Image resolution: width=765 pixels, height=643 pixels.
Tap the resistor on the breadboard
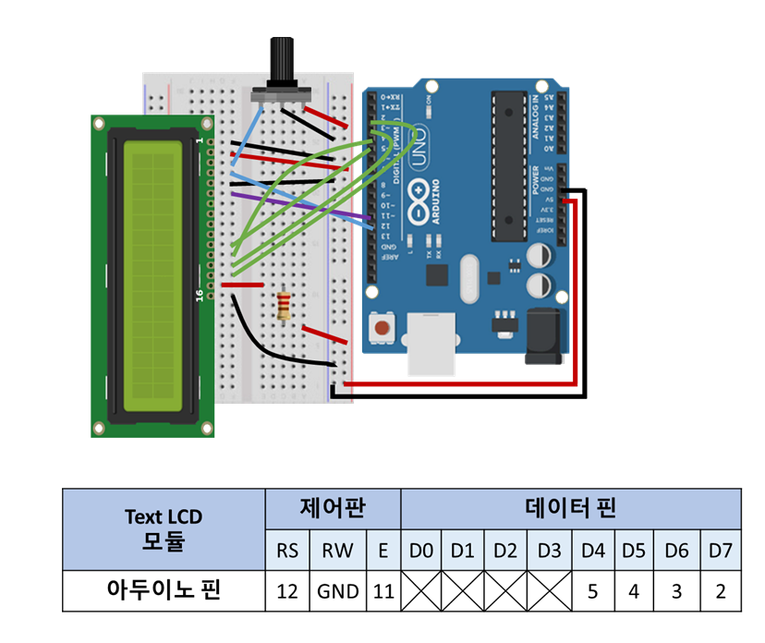(x=285, y=305)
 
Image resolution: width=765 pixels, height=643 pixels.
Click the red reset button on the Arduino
(x=382, y=327)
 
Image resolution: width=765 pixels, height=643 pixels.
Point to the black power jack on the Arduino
(x=544, y=335)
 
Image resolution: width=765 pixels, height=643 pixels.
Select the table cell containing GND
(x=338, y=591)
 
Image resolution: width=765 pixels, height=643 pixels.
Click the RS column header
(x=287, y=552)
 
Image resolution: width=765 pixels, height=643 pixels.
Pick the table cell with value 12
(x=287, y=591)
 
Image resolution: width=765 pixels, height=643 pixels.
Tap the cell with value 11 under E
(x=382, y=591)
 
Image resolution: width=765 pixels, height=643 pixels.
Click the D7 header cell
(x=721, y=552)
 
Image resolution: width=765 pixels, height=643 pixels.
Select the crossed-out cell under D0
(x=421, y=591)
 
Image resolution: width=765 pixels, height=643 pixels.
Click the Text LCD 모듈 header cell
(x=163, y=529)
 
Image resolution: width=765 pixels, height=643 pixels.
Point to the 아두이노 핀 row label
(x=163, y=591)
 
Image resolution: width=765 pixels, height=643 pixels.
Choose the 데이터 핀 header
(x=571, y=507)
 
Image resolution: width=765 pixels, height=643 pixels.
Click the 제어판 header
(x=333, y=507)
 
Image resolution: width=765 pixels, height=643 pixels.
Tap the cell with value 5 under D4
(x=592, y=591)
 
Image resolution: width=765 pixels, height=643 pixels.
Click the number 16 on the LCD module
(x=199, y=295)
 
